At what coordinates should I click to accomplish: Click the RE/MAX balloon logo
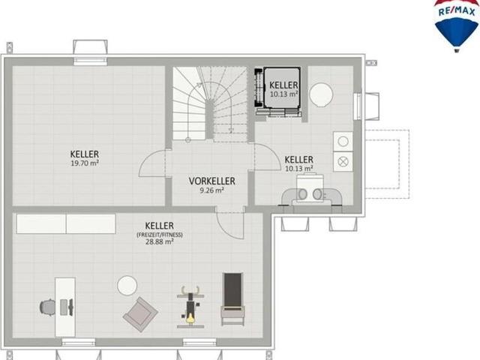click(x=457, y=25)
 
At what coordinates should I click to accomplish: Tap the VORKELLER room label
click(x=211, y=181)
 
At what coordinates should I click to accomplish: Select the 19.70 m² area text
click(x=85, y=163)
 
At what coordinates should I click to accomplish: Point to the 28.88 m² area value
click(x=160, y=241)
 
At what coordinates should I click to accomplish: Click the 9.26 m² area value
click(x=211, y=190)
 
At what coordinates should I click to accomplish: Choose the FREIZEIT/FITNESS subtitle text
click(x=160, y=235)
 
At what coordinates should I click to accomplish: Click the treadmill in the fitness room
click(x=233, y=299)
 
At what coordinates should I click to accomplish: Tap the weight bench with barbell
click(x=190, y=307)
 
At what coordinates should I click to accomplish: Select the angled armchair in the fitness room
click(x=140, y=314)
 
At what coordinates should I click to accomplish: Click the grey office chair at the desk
click(x=47, y=307)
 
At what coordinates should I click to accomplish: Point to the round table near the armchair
click(x=127, y=286)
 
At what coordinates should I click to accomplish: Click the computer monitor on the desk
click(x=71, y=307)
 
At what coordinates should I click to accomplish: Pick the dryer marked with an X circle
click(x=343, y=161)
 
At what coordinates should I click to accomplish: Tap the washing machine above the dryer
click(x=343, y=142)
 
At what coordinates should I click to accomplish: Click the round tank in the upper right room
click(x=321, y=95)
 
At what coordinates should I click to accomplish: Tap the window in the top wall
click(x=90, y=61)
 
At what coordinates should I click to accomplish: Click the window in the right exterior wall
click(x=357, y=106)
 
